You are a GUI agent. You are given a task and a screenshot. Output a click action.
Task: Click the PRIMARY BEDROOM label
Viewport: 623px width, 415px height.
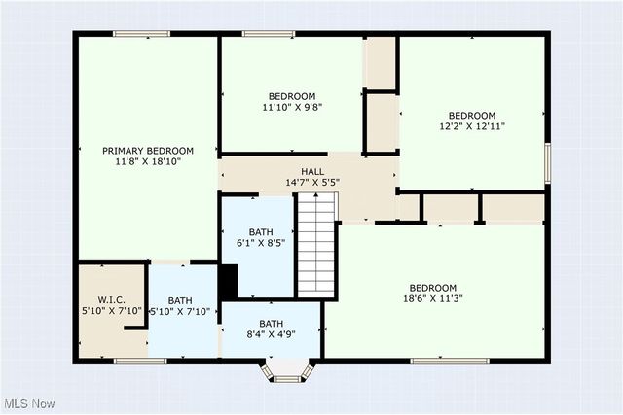click(x=148, y=151)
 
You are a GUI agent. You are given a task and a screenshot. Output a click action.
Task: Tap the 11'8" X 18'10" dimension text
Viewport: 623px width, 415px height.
click(x=148, y=163)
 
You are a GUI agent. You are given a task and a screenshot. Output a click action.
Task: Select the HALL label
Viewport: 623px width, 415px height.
click(x=311, y=170)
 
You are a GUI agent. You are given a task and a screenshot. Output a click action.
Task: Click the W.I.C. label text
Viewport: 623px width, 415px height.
click(x=111, y=298)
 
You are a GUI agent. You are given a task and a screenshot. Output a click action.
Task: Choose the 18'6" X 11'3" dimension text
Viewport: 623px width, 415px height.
click(x=433, y=299)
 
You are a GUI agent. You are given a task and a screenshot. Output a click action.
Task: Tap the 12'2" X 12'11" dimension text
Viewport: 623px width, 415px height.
click(x=472, y=126)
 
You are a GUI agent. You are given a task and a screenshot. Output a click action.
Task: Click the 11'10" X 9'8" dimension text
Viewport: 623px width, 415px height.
click(x=293, y=108)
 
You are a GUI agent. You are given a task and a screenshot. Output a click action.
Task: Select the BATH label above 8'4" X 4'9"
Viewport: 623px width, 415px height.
click(x=271, y=324)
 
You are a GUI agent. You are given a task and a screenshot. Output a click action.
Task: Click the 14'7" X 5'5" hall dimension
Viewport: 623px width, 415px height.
click(x=311, y=182)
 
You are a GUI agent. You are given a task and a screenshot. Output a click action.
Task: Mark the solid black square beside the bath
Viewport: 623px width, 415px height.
click(x=228, y=283)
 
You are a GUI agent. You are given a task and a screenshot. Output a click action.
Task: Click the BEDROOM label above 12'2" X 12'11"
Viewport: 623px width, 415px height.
click(x=472, y=115)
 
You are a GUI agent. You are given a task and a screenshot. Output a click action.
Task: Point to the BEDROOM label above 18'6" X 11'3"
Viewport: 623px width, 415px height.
click(x=433, y=288)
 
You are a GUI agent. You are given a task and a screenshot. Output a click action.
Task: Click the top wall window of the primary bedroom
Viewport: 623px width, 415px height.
click(x=143, y=34)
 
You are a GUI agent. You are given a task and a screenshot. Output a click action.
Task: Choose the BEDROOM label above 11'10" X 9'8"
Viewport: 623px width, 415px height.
click(x=293, y=96)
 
